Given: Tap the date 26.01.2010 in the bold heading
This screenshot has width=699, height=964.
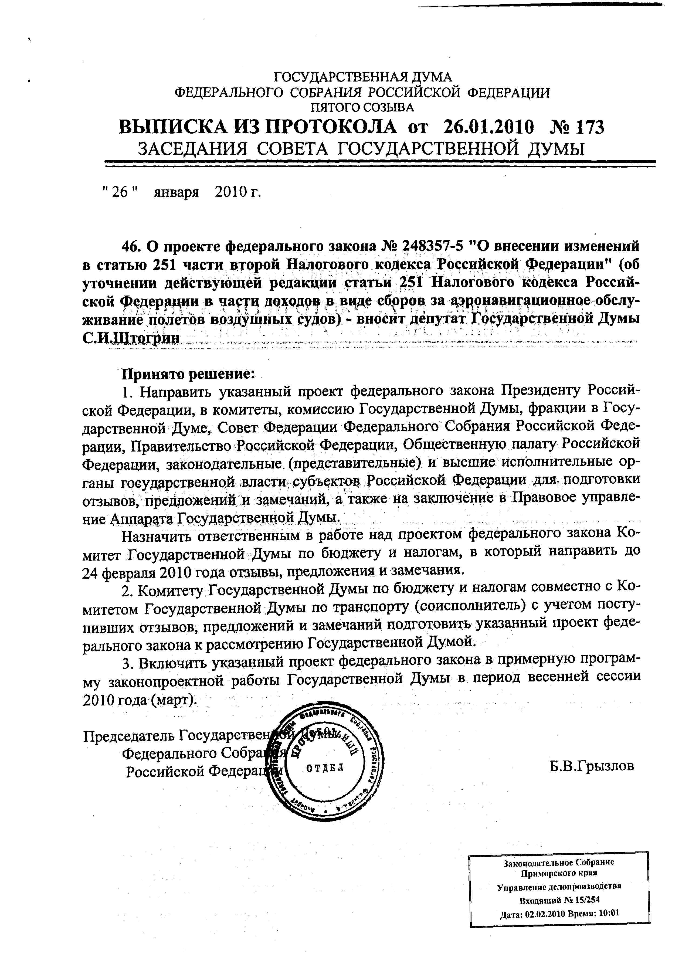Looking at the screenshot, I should coord(488,127).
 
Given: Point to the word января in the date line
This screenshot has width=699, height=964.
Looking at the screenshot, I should coord(177,192).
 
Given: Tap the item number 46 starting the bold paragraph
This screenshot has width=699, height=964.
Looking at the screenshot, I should coord(131,246).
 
